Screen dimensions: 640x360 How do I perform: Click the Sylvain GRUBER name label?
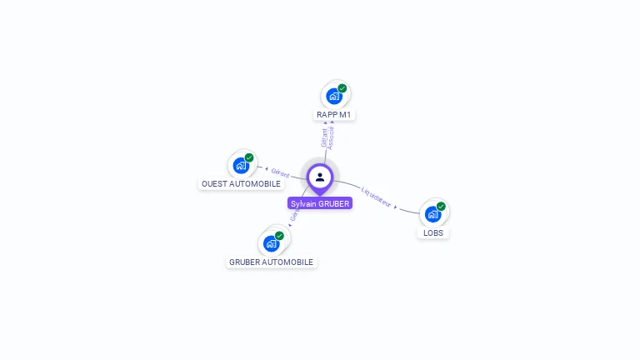pyautogui.click(x=320, y=203)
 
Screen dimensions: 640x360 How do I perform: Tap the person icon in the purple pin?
pyautogui.click(x=320, y=177)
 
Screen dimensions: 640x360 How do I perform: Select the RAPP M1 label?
pyautogui.click(x=336, y=114)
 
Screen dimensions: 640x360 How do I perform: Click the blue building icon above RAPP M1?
pyautogui.click(x=334, y=96)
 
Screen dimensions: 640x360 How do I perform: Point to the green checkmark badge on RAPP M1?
pyautogui.click(x=342, y=87)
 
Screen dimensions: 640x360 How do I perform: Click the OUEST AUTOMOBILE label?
pyautogui.click(x=241, y=183)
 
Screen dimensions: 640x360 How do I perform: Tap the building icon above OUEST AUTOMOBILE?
pyautogui.click(x=241, y=165)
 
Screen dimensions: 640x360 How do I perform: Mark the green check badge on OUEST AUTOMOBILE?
pyautogui.click(x=249, y=157)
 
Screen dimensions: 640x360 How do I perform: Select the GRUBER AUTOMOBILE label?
pyautogui.click(x=271, y=262)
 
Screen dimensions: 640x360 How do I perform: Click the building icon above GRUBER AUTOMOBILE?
pyautogui.click(x=271, y=243)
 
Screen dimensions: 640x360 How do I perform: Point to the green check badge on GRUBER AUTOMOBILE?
pyautogui.click(x=279, y=236)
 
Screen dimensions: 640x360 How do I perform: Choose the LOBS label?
pyautogui.click(x=433, y=233)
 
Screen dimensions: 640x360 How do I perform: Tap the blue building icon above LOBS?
pyautogui.click(x=432, y=214)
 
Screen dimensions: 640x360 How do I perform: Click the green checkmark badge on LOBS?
pyautogui.click(x=441, y=207)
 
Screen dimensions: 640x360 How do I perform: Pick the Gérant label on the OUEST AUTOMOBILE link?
pyautogui.click(x=280, y=173)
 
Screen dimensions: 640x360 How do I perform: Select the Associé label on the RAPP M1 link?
pyautogui.click(x=332, y=137)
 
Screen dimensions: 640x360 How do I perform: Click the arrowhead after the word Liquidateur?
pyautogui.click(x=395, y=207)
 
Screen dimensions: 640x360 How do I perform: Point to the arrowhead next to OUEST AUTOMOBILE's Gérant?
pyautogui.click(x=266, y=170)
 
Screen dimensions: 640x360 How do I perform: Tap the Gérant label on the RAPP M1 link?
pyautogui.click(x=324, y=137)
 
